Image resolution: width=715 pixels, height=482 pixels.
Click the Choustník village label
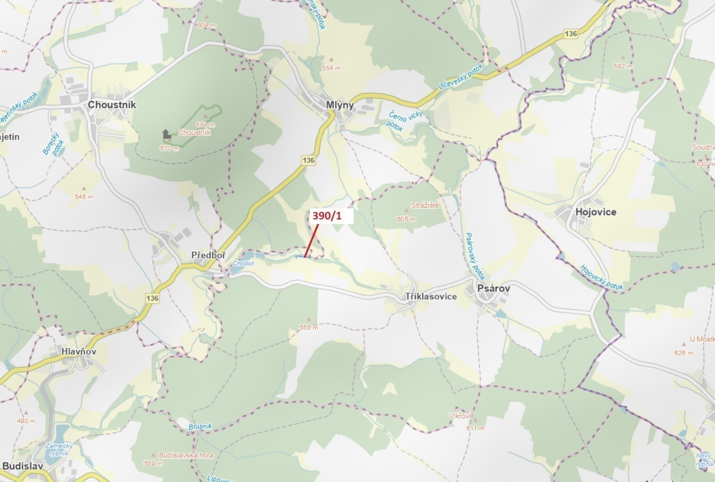pyautogui.click(x=112, y=105)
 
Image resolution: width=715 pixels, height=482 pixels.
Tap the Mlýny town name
pyautogui.click(x=339, y=105)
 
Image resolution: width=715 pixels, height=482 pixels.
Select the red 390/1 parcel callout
pyautogui.click(x=327, y=216)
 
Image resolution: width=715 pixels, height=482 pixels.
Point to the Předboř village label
pyautogui.click(x=208, y=255)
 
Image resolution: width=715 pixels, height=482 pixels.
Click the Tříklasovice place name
pyautogui.click(x=431, y=296)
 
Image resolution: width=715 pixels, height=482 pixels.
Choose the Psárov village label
pyautogui.click(x=493, y=288)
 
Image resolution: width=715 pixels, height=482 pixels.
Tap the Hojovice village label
pyautogui.click(x=596, y=212)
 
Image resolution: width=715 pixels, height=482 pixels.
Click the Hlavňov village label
pyautogui.click(x=79, y=351)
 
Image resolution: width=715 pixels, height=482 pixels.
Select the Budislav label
pyautogui.click(x=23, y=466)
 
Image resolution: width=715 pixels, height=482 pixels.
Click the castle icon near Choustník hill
pyautogui.click(x=166, y=134)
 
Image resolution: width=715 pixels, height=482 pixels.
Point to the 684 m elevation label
pyautogui.click(x=205, y=125)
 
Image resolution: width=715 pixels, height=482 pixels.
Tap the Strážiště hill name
pyautogui.click(x=425, y=205)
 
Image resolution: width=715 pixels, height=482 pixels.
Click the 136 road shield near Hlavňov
pyautogui.click(x=152, y=298)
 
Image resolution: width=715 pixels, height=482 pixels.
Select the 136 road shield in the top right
pyautogui.click(x=570, y=34)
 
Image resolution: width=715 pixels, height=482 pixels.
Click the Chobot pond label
pyautogui.click(x=243, y=263)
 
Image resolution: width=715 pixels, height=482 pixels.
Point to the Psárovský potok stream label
pyautogui.click(x=475, y=256)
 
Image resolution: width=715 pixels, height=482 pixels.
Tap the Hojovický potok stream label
pyautogui.click(x=602, y=278)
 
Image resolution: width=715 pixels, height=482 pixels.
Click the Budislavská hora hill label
pyautogui.click(x=186, y=455)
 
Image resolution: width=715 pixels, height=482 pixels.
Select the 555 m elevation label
pyautogui.click(x=309, y=328)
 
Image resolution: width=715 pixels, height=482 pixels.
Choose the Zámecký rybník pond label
pyautogui.click(x=59, y=449)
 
